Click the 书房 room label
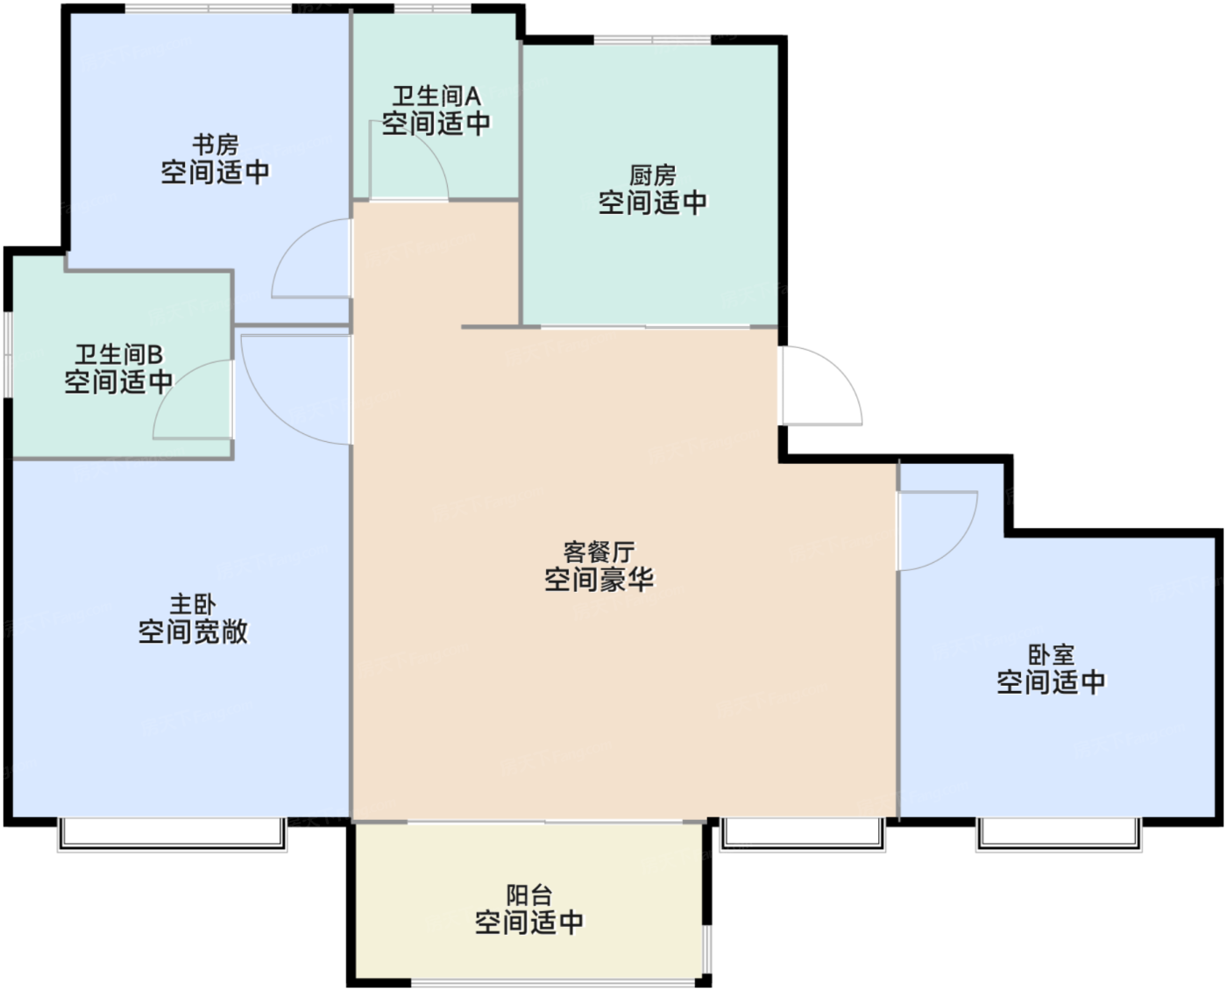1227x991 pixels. click(x=216, y=145)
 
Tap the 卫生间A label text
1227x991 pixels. click(x=436, y=96)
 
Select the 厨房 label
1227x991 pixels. click(x=652, y=175)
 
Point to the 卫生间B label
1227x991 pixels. click(x=118, y=355)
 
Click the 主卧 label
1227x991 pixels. click(x=193, y=605)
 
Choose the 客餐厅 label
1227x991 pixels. click(x=599, y=553)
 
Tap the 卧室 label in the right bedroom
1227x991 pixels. click(x=1052, y=655)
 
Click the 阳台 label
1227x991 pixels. click(x=529, y=895)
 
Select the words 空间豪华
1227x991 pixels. click(x=599, y=580)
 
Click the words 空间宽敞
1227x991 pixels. click(x=193, y=631)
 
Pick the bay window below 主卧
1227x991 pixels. click(x=173, y=834)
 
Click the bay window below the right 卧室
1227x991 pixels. click(x=1059, y=834)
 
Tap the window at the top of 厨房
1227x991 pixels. click(x=653, y=39)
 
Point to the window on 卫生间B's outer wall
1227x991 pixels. click(x=8, y=354)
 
